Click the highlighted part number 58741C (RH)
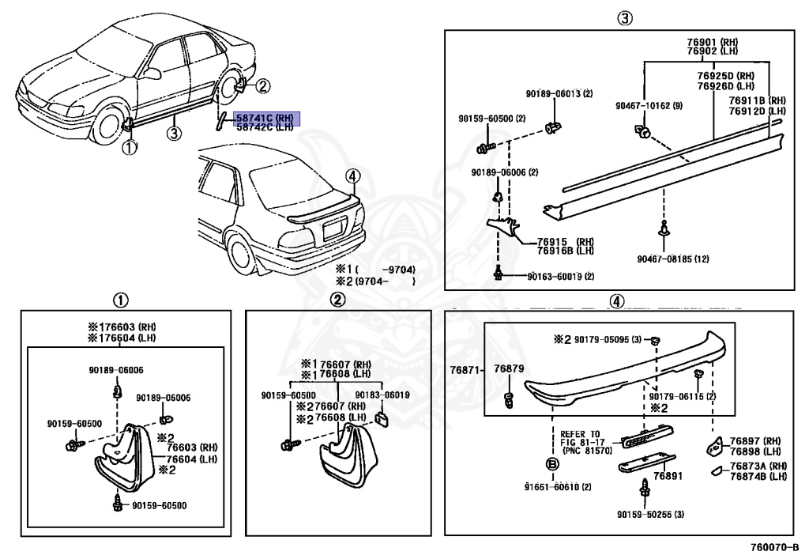[x=264, y=118]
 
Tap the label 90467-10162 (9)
[x=649, y=105]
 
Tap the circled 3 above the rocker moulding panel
[x=625, y=18]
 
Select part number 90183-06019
[x=382, y=395]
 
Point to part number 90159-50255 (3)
[x=650, y=515]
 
